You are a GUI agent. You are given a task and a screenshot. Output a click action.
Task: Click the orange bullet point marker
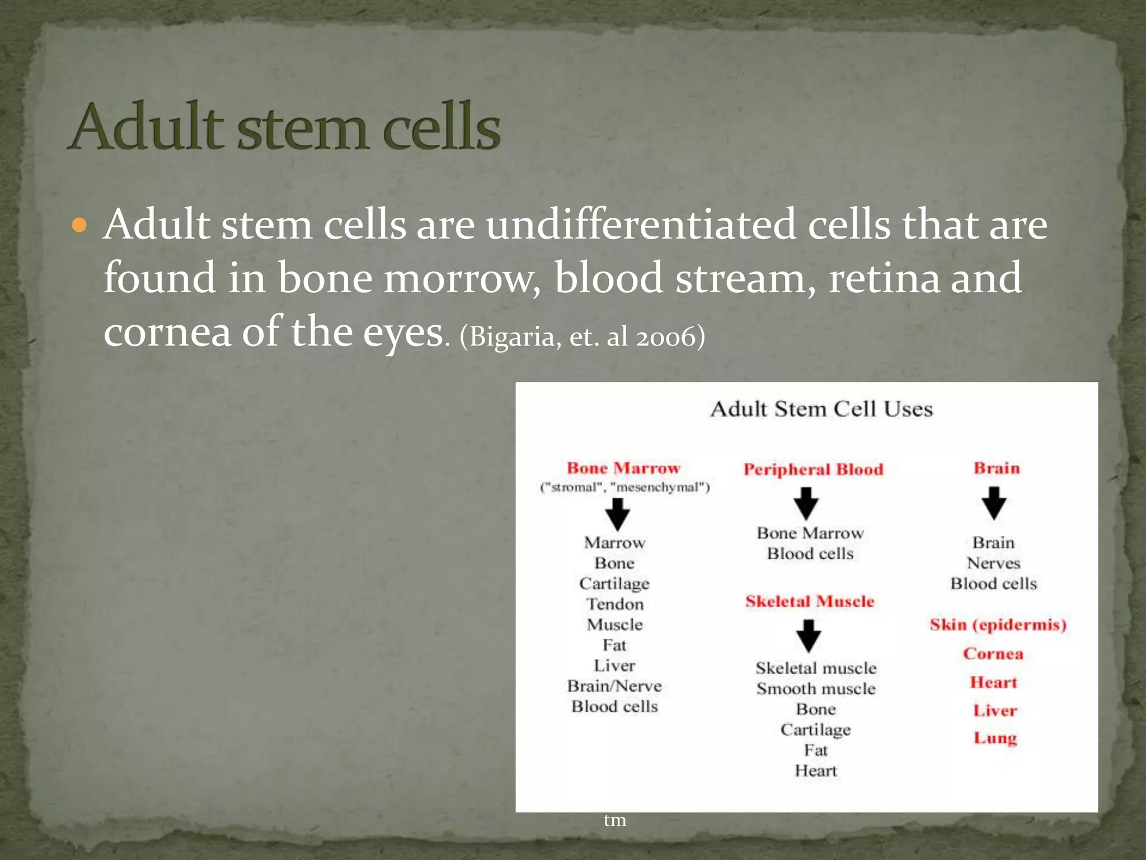pyautogui.click(x=80, y=226)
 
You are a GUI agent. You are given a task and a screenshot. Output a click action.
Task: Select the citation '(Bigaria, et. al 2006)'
pyautogui.click(x=582, y=337)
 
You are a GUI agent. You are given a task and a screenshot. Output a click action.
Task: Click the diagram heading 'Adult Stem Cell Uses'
pyautogui.click(x=821, y=409)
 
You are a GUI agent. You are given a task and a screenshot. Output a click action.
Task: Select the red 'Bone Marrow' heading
pyautogui.click(x=623, y=468)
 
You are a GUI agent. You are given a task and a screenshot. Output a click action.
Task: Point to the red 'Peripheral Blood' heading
pyautogui.click(x=813, y=469)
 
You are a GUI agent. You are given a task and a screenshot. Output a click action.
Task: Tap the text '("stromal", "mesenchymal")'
pyautogui.click(x=624, y=488)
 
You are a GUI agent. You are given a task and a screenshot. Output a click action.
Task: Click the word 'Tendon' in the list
pyautogui.click(x=614, y=604)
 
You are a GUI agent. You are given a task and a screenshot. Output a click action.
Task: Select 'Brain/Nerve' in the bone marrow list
pyautogui.click(x=614, y=686)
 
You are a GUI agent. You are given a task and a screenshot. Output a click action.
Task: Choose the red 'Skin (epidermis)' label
pyautogui.click(x=998, y=624)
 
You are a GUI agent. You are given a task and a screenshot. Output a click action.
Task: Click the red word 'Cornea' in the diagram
pyautogui.click(x=993, y=653)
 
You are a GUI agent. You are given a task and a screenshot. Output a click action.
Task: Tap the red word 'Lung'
pyautogui.click(x=995, y=738)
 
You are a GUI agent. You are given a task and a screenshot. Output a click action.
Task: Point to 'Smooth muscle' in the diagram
pyautogui.click(x=816, y=689)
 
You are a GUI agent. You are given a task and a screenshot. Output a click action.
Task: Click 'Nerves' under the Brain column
pyautogui.click(x=993, y=563)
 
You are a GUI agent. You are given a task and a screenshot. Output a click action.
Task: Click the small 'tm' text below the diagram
pyautogui.click(x=614, y=820)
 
